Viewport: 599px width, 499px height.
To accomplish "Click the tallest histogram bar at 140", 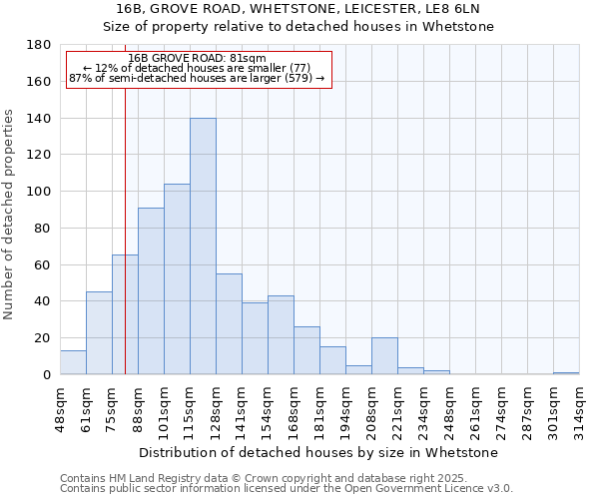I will [203, 247].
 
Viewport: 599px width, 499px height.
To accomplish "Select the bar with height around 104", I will [177, 279].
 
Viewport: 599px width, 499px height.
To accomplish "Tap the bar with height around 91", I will [151, 291].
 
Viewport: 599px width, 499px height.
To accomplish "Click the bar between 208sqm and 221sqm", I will [384, 356].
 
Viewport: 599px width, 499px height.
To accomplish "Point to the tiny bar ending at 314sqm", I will [566, 373].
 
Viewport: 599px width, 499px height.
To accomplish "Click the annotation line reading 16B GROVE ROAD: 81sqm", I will [198, 59].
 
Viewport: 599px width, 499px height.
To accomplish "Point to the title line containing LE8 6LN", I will [299, 9].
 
